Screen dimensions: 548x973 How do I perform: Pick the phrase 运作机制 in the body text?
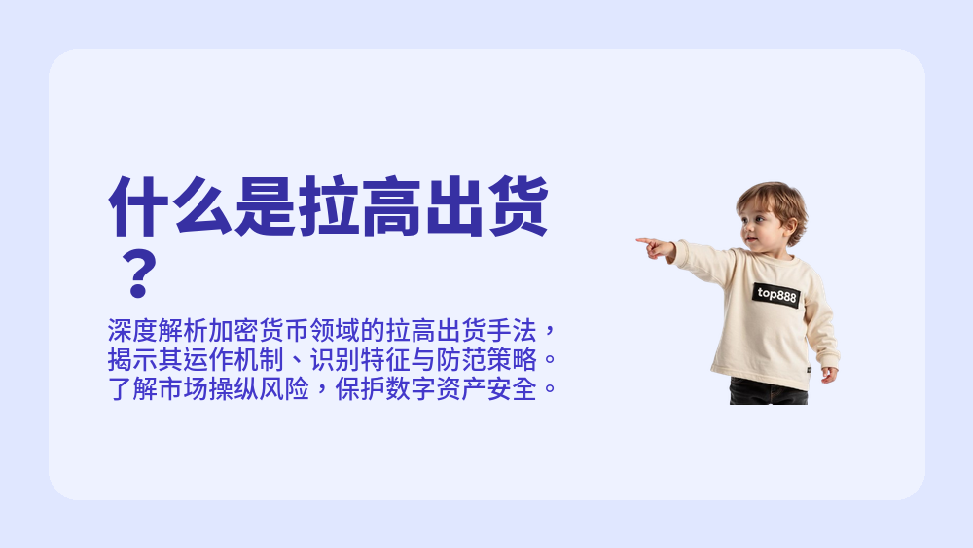(x=232, y=359)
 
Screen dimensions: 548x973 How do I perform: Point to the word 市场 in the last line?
(x=175, y=391)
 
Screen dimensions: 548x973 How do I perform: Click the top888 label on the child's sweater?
(x=775, y=294)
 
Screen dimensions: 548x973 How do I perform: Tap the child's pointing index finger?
(x=644, y=240)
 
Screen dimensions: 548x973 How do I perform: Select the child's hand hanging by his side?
(x=828, y=374)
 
